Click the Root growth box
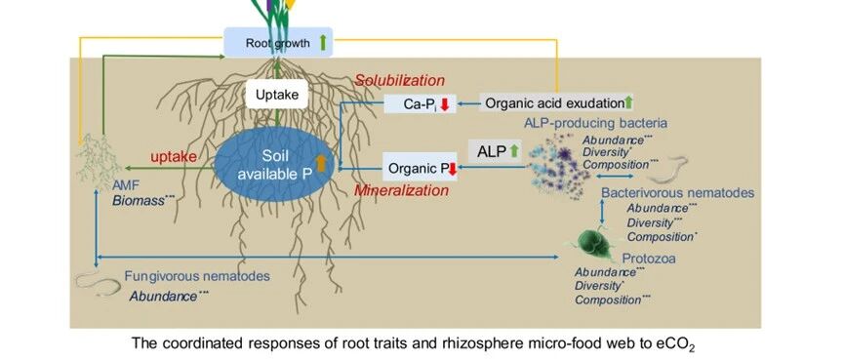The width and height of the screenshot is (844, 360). [x=278, y=43]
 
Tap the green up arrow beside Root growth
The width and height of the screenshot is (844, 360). [x=322, y=42]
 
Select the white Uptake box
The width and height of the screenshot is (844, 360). [x=277, y=96]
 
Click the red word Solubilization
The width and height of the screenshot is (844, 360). [x=399, y=81]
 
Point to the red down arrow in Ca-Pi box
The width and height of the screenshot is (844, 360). [x=445, y=103]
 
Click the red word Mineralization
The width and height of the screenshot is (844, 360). [x=401, y=190]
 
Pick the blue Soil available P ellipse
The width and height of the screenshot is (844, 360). [x=275, y=164]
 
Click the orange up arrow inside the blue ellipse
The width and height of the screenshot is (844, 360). [x=321, y=163]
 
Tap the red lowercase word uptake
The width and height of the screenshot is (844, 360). [x=174, y=157]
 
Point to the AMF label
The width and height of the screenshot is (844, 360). [x=126, y=185]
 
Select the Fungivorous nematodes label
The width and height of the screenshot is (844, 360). [x=197, y=277]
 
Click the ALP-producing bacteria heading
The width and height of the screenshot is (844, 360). [x=596, y=123]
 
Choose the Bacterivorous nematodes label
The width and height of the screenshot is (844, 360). [x=678, y=193]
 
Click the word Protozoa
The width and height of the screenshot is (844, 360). [x=649, y=259]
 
